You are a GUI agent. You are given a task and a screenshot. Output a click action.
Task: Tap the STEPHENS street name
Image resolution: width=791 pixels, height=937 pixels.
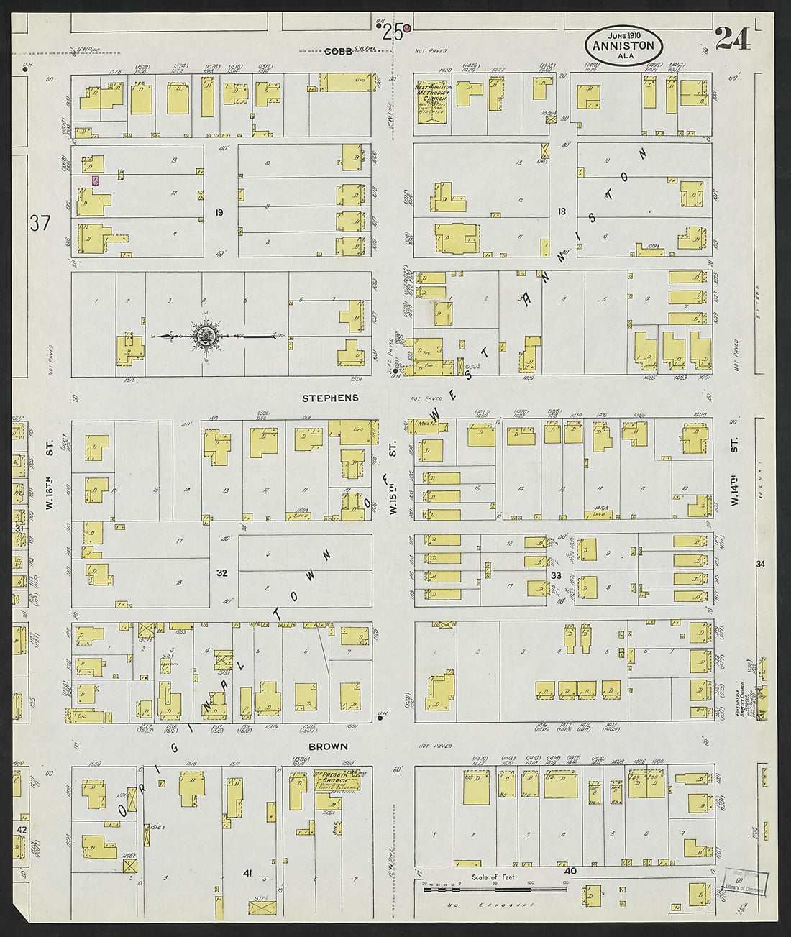[x=330, y=398]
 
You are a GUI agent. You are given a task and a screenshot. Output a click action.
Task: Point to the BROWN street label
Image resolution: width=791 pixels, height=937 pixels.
[x=328, y=746]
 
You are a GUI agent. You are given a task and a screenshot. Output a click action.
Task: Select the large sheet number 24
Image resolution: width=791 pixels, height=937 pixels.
[x=732, y=38]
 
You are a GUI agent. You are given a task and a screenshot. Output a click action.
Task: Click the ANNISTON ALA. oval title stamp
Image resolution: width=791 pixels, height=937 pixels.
[x=623, y=45]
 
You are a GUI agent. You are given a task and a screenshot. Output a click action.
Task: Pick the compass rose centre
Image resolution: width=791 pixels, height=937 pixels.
[x=205, y=336]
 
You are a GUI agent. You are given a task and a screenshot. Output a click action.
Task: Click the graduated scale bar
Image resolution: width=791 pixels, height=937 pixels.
[x=496, y=890]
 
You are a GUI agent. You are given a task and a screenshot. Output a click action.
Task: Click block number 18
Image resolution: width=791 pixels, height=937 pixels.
[x=562, y=211]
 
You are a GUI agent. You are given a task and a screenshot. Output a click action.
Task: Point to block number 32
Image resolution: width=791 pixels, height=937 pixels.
[x=222, y=573]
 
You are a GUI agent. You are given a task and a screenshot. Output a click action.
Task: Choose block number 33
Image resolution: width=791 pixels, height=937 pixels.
[x=556, y=575]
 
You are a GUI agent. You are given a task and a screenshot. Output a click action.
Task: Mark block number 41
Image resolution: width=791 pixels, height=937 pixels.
[x=247, y=873]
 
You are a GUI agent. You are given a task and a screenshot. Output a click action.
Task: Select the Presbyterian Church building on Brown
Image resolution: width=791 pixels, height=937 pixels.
[x=336, y=780]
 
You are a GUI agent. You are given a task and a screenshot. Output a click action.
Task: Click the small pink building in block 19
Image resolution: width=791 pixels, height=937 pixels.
[x=95, y=181]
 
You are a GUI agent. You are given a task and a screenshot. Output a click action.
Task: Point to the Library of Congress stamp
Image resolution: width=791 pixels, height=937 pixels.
[x=748, y=882]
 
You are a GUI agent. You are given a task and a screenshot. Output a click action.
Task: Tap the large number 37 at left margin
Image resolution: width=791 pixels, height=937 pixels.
[x=40, y=224]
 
